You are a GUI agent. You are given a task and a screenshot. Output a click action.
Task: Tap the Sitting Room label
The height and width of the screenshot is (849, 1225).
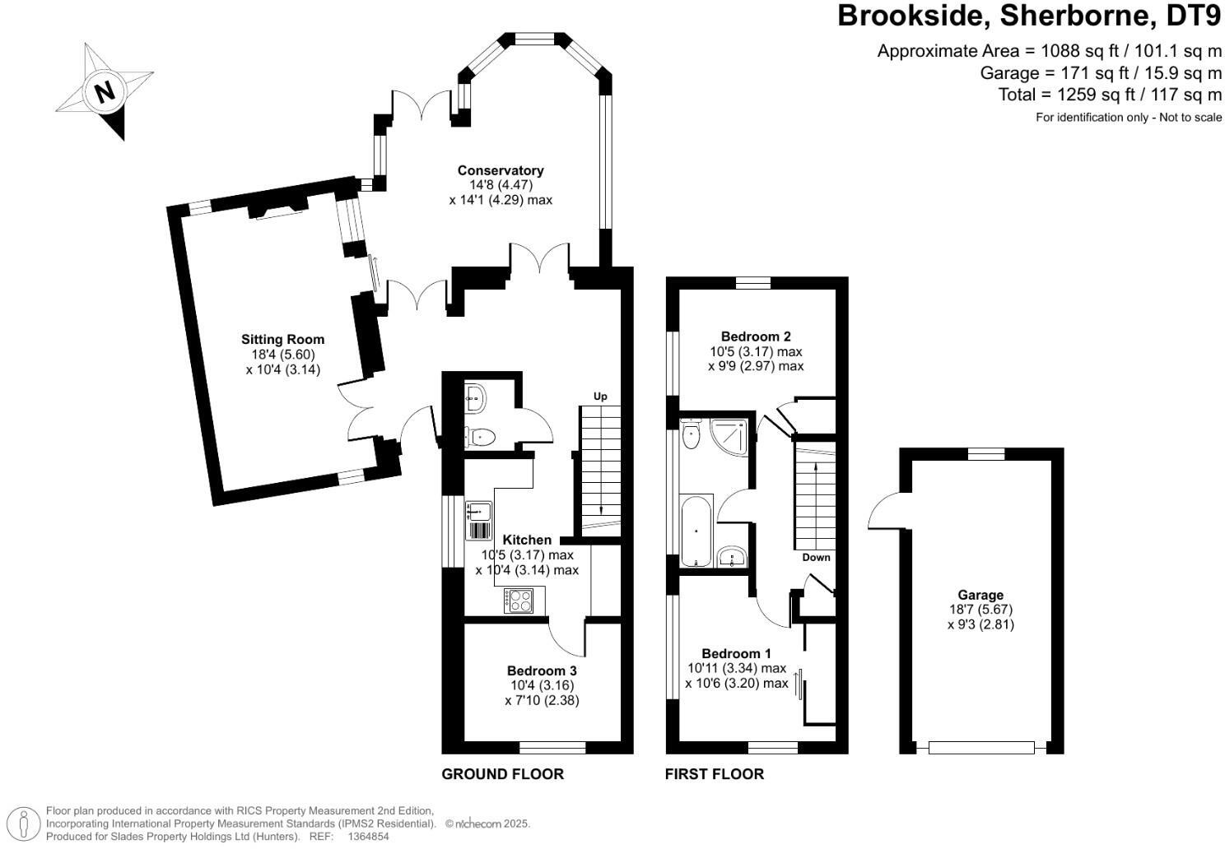pos(282,339)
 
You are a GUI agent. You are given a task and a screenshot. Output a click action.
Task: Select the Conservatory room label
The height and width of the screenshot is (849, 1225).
pos(501,170)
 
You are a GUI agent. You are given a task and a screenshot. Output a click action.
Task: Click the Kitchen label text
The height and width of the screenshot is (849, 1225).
pos(527,540)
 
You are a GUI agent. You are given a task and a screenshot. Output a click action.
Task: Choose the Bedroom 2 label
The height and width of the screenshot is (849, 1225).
pos(756,336)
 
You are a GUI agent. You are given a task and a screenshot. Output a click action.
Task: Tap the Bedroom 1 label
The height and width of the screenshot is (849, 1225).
pos(736,653)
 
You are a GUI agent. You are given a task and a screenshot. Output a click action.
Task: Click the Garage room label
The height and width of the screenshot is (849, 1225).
pos(980,595)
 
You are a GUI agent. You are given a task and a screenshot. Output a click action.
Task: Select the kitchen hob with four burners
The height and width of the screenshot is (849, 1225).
pos(519,601)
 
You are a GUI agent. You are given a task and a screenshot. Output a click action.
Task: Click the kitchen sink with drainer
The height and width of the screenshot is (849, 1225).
pos(478,520)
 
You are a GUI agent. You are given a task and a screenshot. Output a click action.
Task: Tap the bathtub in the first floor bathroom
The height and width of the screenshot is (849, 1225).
pos(696,531)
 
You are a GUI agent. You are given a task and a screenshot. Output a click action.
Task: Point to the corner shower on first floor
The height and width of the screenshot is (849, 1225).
pos(733,435)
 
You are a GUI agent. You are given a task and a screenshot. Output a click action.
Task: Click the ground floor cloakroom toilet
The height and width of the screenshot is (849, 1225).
pos(479,437)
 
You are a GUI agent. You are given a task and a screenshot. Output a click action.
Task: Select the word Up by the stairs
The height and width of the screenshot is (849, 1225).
pos(600,397)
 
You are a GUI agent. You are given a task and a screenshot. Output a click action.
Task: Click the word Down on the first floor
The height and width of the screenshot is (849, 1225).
pos(817,557)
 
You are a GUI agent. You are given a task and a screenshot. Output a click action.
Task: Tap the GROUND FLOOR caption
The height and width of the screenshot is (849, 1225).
pos(502,774)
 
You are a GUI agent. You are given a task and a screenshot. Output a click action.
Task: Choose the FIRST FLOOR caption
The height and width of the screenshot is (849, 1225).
pos(714,774)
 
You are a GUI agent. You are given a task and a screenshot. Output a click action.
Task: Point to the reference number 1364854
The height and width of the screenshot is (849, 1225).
pos(369,837)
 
